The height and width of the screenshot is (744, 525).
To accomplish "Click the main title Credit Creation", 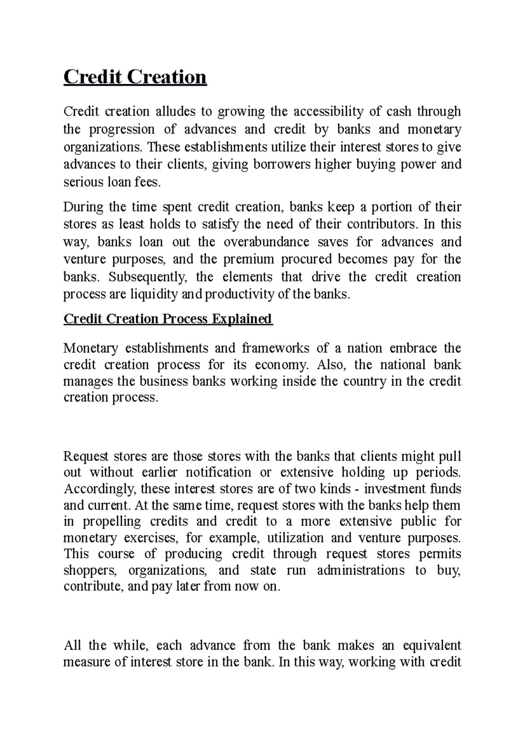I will point(135,77).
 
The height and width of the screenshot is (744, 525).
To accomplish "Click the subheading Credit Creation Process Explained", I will point(168,319).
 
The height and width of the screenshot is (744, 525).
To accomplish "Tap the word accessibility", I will point(328,112).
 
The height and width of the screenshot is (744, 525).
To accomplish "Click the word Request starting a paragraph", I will point(86,456).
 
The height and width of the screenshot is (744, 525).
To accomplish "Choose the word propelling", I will point(112,521).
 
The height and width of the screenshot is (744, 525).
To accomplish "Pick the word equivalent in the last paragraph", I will point(425,645).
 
